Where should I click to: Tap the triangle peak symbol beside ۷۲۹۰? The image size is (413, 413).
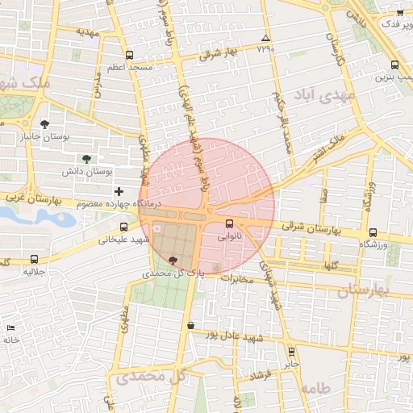265,38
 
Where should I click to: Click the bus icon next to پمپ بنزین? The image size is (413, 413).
394,65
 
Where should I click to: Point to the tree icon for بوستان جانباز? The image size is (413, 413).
44,123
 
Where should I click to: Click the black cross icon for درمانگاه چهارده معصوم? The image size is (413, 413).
119,191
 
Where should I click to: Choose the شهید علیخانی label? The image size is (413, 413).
119,240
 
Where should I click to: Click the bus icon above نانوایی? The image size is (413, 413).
230,223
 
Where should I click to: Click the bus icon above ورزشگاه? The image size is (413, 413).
372,232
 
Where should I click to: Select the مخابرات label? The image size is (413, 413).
237,279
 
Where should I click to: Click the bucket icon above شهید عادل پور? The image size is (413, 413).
190,325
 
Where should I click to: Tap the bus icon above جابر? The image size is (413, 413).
292,352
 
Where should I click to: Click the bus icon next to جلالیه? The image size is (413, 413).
34,259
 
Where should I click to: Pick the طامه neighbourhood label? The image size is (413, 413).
315,388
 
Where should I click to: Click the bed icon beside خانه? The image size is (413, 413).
10,328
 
